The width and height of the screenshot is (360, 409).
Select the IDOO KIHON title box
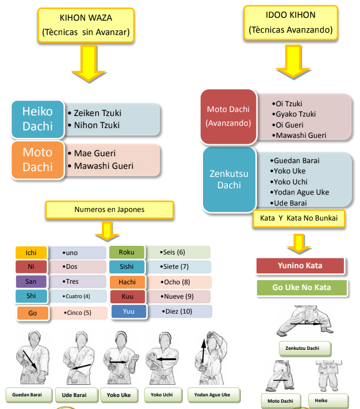click(x=290, y=22)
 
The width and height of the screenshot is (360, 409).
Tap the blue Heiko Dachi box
click(x=37, y=118)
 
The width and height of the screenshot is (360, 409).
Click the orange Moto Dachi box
click(x=37, y=160)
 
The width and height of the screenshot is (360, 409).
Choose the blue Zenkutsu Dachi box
click(x=229, y=178)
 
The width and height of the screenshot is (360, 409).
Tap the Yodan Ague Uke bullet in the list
click(x=301, y=192)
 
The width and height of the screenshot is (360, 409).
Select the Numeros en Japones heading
click(x=109, y=210)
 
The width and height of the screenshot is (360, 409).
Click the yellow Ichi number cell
click(x=31, y=253)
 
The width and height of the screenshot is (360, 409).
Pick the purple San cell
click(x=31, y=282)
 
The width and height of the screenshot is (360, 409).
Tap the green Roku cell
click(x=127, y=252)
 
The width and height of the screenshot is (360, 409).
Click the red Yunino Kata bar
click(x=300, y=266)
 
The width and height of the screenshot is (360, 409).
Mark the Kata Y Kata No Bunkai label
click(x=298, y=219)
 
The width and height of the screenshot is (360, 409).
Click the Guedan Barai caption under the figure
click(x=29, y=395)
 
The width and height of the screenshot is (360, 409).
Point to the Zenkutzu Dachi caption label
click(x=298, y=348)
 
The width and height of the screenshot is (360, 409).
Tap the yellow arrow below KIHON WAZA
click(x=89, y=64)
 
